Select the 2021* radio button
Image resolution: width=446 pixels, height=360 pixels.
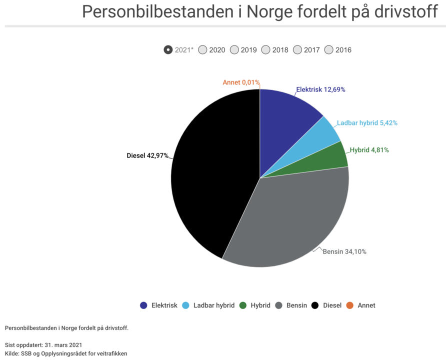pyautogui.click(x=168, y=50)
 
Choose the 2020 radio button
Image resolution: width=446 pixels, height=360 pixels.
pyautogui.click(x=202, y=50)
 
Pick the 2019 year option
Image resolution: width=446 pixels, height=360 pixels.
pyautogui.click(x=234, y=50)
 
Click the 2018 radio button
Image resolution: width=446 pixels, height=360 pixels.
pyautogui.click(x=266, y=50)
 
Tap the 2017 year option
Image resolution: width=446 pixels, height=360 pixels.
pyautogui.click(x=297, y=50)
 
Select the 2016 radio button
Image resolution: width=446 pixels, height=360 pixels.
pyautogui.click(x=329, y=50)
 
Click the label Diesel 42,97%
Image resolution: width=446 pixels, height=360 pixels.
pyautogui.click(x=147, y=156)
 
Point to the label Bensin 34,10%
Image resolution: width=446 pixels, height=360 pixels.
pyautogui.click(x=344, y=251)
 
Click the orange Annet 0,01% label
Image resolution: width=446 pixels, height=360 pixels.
pyautogui.click(x=241, y=82)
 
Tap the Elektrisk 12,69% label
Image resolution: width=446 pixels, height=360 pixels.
pyautogui.click(x=320, y=90)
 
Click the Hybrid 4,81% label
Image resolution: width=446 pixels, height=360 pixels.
pyautogui.click(x=369, y=150)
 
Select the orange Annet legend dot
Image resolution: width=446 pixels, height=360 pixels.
pyautogui.click(x=350, y=305)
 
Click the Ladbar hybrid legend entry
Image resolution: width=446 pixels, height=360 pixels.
pyautogui.click(x=208, y=305)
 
